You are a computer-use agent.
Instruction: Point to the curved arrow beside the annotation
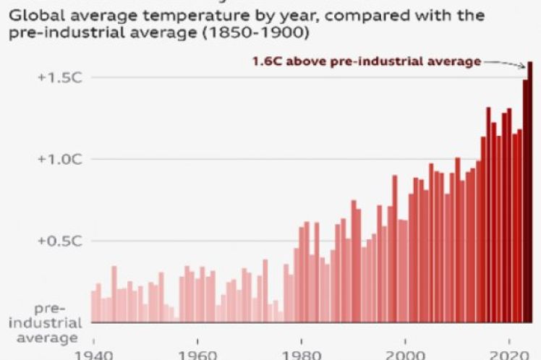505,64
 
